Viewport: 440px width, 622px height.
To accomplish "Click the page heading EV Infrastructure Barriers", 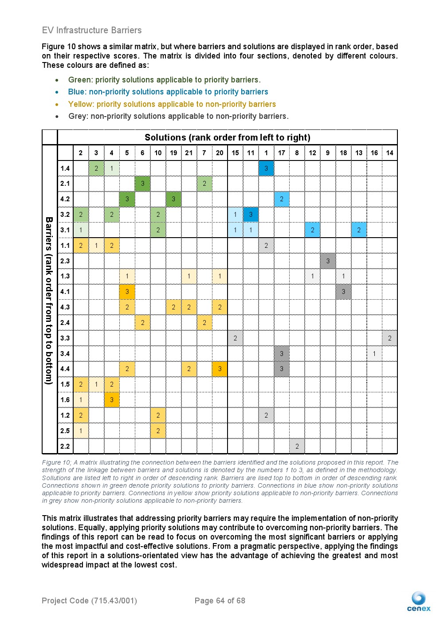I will (92, 30).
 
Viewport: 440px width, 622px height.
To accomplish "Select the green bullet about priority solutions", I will (164, 80).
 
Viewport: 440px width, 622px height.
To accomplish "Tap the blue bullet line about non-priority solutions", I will (168, 92).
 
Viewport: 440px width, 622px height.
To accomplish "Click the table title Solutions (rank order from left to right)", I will (227, 137).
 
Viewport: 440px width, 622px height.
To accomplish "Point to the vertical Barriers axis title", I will (49, 300).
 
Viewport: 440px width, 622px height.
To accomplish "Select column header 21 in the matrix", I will (189, 153).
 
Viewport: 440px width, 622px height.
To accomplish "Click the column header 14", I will (389, 153).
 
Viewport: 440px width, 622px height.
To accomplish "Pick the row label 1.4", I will (65, 168).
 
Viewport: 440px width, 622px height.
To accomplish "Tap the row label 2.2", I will (65, 446).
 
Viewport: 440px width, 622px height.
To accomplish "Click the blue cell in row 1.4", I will (266, 168).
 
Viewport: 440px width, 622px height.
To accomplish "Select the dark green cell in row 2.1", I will (142, 184).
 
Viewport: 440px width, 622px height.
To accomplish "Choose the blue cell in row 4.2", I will (282, 199).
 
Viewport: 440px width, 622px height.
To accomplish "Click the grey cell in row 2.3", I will (328, 261).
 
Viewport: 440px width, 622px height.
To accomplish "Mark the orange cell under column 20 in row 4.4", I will (220, 369).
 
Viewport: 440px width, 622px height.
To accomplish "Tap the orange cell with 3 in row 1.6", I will (111, 400).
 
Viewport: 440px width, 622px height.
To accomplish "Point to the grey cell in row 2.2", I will (297, 446).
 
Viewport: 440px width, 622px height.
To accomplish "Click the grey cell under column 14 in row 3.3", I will (389, 338).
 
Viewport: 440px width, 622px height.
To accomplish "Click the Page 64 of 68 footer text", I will (220, 601).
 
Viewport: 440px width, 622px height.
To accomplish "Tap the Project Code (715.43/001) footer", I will (89, 601).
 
